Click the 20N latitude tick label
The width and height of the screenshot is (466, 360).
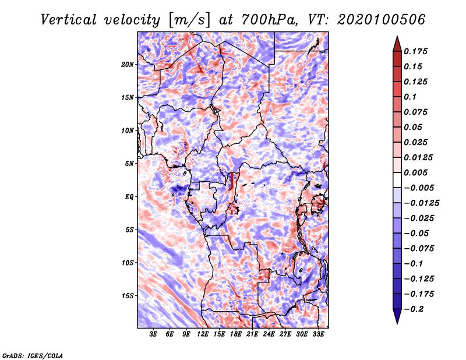(128, 64)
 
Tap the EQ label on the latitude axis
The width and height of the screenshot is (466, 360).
(129, 196)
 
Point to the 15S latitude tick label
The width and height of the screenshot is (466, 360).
(128, 296)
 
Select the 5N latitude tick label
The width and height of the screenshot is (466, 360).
(129, 164)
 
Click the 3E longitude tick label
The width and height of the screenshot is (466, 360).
(153, 334)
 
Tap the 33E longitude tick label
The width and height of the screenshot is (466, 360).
(318, 334)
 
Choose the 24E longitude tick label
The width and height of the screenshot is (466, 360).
(269, 334)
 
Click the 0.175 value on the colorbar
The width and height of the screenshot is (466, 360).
(415, 51)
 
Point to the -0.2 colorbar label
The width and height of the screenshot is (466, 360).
(414, 309)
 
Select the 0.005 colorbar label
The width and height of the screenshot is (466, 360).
(415, 172)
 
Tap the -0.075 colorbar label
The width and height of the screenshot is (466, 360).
(419, 249)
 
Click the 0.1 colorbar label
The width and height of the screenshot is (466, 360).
(410, 97)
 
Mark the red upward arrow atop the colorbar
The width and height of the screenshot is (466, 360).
(397, 44)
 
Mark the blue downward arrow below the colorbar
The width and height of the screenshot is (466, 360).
(397, 316)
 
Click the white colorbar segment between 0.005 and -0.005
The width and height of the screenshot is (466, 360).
(397, 180)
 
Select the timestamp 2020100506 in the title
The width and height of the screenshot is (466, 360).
(382, 20)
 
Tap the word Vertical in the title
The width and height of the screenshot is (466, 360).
(69, 20)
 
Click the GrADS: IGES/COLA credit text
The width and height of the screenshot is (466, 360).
(33, 355)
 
